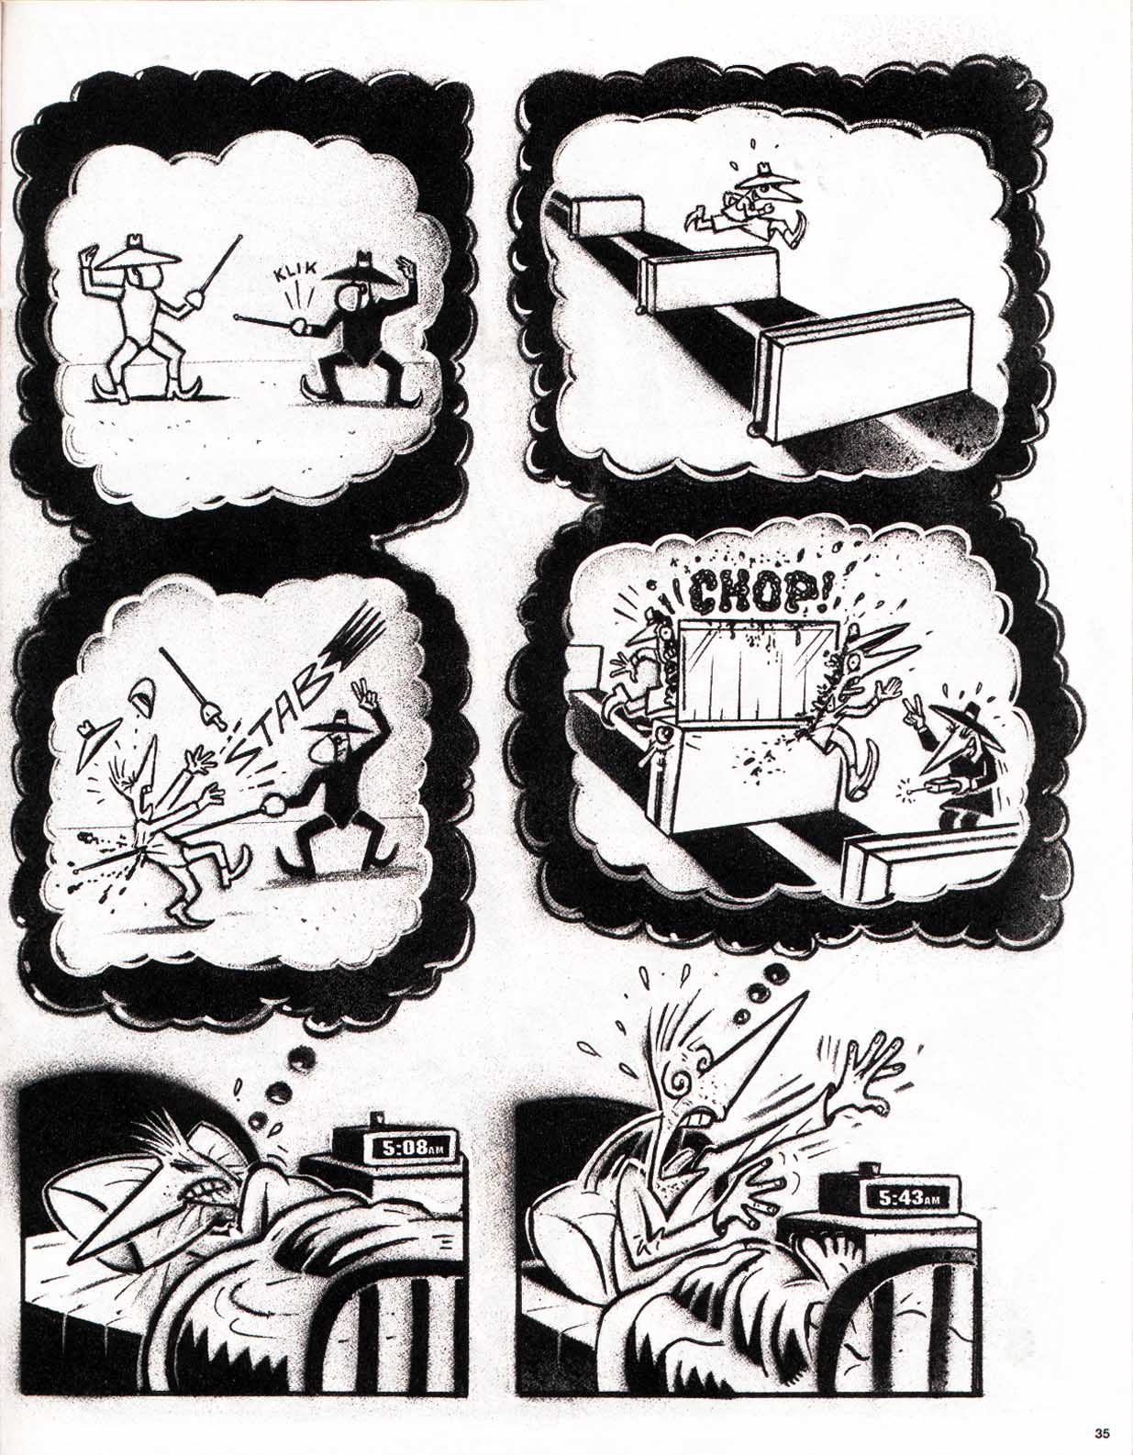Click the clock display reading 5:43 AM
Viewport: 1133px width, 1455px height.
[x=909, y=1197]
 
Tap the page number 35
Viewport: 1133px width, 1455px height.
[x=1102, y=1433]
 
